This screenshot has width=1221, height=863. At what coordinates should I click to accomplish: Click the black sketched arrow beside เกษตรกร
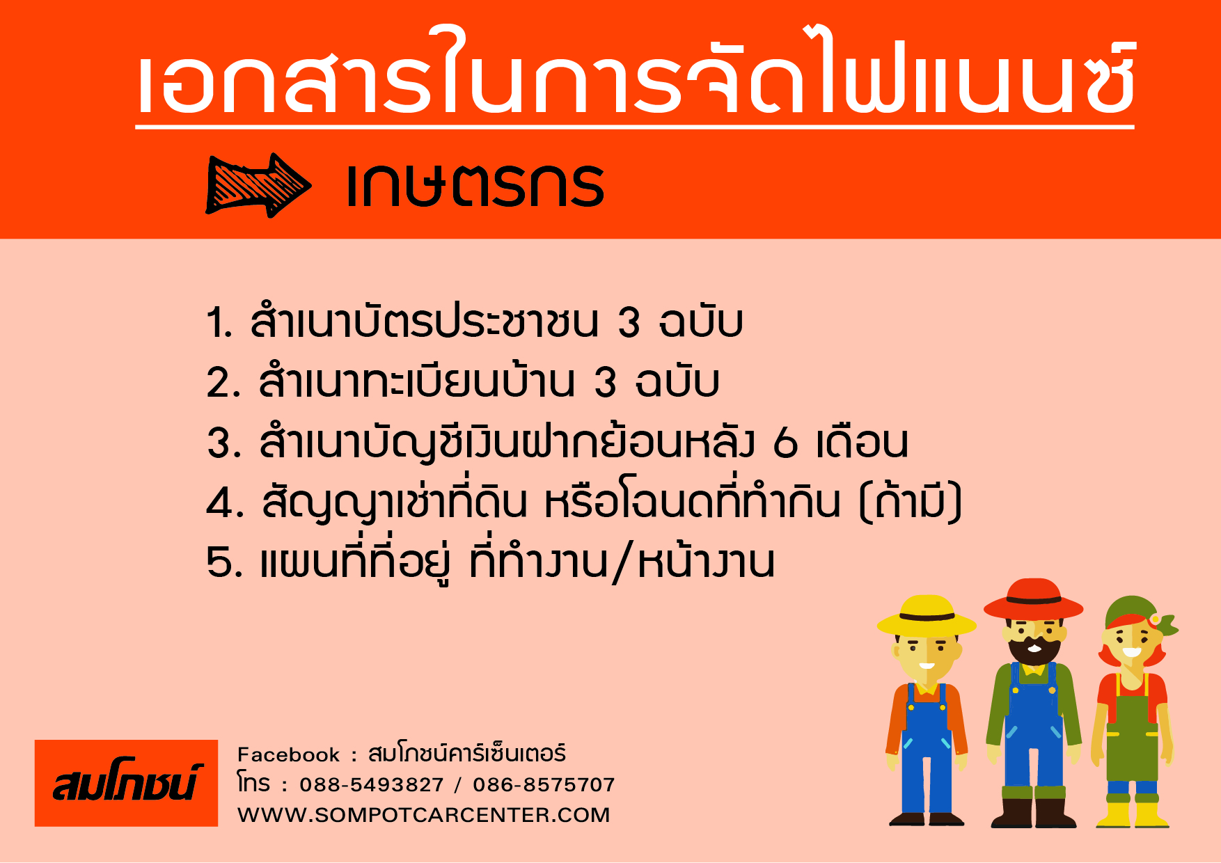click(258, 185)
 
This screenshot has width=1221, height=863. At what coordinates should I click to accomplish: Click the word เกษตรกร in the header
click(475, 185)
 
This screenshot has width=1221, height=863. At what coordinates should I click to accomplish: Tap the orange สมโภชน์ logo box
click(126, 783)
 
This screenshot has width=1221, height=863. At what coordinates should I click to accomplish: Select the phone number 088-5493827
click(372, 785)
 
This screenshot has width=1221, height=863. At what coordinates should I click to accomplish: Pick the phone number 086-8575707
click(544, 785)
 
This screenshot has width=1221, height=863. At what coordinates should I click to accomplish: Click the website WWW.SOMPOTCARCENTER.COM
click(423, 815)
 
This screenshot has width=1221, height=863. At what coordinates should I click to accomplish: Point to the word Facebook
click(288, 754)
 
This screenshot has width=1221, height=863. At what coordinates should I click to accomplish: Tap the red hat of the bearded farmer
click(1034, 599)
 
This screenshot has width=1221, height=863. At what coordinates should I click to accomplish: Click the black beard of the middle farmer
click(1034, 649)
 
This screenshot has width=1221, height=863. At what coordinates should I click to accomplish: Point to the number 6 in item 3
click(785, 442)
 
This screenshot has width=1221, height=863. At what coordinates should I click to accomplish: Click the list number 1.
click(219, 322)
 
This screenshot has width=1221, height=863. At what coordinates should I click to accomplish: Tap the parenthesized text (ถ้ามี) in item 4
click(911, 501)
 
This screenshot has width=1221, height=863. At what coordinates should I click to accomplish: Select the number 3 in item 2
click(606, 382)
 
